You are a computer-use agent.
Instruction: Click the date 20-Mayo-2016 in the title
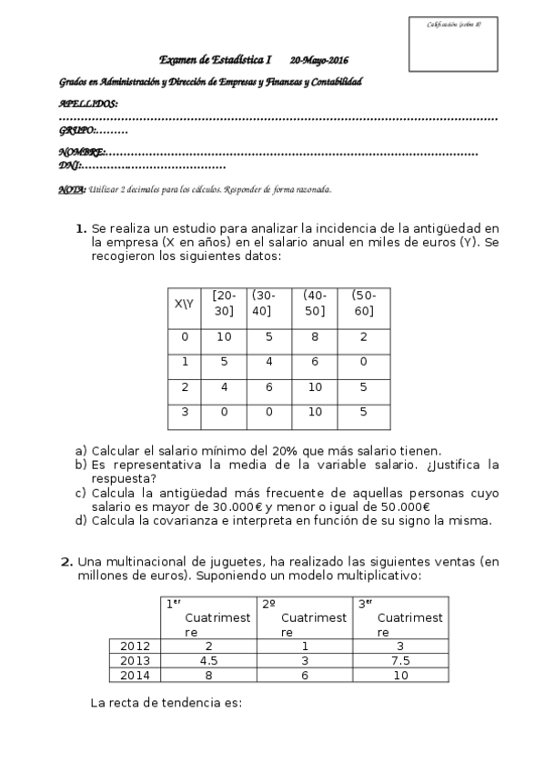(319, 60)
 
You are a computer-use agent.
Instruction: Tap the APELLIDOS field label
(87, 104)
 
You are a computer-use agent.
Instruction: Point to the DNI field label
(70, 165)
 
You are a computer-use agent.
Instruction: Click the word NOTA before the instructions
(72, 190)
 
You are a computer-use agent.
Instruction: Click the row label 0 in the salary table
(185, 336)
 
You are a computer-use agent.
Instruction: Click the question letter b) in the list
(81, 465)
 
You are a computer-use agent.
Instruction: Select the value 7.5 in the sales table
(401, 660)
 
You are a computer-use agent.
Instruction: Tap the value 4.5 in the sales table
(208, 660)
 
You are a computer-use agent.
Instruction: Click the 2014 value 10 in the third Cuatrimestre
(401, 675)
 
